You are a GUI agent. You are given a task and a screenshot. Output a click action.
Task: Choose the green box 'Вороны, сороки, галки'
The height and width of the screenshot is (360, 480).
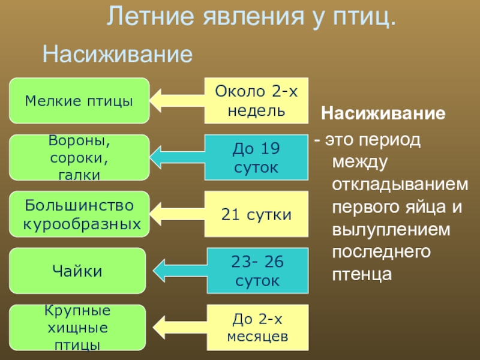coord(79,157)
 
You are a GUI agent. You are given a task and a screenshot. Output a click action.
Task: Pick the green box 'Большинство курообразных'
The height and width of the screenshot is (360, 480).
coord(79,214)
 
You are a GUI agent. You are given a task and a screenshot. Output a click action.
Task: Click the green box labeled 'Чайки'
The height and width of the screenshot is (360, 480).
coord(79,271)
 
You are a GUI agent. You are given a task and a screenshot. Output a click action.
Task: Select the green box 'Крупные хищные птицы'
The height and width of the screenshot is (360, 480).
coord(79,328)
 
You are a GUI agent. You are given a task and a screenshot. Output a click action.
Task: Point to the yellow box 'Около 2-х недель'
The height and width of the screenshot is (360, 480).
coord(256,100)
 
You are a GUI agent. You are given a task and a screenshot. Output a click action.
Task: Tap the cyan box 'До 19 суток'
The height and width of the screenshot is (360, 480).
coord(256,157)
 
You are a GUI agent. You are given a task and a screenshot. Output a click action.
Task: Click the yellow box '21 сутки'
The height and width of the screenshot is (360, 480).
coord(256,214)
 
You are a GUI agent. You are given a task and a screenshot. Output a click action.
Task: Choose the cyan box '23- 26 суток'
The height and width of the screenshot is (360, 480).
coord(256,271)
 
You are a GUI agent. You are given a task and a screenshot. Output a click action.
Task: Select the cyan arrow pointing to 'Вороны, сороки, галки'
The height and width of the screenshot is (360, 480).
coord(177,157)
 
